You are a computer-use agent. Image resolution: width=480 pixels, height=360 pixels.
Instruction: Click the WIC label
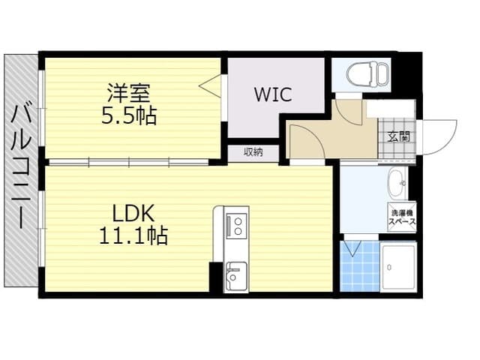(273, 94)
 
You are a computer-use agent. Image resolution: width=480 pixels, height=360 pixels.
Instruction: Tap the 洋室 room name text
(128, 93)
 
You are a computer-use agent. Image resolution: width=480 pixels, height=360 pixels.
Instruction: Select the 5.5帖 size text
(129, 115)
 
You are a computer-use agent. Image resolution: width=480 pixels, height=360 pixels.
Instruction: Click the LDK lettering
(133, 213)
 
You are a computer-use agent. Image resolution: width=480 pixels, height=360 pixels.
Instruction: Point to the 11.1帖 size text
(133, 235)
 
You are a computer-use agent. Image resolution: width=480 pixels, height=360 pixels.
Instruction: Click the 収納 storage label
(253, 151)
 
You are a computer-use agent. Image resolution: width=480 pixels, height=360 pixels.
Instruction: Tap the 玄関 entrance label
(398, 136)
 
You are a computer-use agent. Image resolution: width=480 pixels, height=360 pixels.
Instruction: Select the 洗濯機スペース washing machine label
(402, 217)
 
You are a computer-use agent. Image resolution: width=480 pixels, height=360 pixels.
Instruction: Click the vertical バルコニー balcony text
(21, 166)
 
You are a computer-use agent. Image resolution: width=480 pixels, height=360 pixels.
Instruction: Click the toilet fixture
(367, 74)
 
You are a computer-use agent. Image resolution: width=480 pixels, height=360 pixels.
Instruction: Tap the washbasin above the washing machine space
(397, 183)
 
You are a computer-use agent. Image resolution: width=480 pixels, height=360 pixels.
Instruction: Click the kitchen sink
(235, 277)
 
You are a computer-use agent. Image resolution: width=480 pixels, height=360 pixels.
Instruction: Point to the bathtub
(398, 267)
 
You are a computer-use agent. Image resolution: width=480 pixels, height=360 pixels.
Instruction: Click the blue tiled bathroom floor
(360, 266)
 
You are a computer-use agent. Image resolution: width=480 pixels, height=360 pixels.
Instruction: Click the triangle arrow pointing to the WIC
(210, 86)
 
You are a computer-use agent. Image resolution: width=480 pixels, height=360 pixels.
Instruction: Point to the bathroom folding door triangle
(352, 248)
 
